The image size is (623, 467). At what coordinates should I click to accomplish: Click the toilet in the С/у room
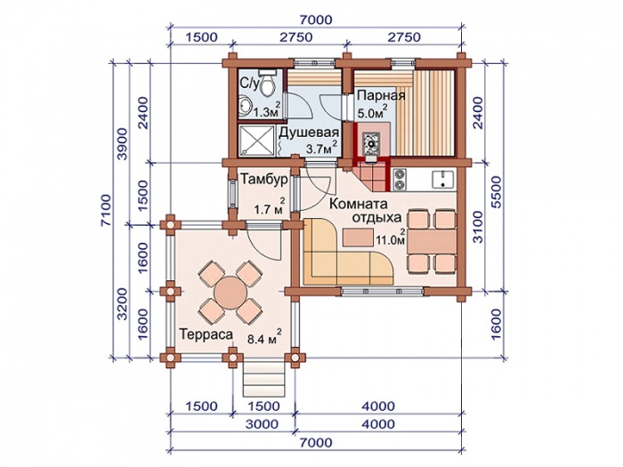(x=268, y=83)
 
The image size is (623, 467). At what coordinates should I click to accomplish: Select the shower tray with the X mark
(x=256, y=141)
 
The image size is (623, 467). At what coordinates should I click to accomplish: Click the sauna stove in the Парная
(x=371, y=144)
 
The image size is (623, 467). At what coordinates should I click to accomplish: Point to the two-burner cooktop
(x=400, y=179)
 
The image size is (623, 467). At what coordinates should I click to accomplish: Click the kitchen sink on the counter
(x=443, y=179)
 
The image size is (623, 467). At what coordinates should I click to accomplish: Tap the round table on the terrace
(x=231, y=293)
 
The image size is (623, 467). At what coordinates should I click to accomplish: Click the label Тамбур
(x=263, y=180)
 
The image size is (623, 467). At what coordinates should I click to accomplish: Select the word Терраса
(x=206, y=334)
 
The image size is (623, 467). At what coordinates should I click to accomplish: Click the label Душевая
(x=308, y=133)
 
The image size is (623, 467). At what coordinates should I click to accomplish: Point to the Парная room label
(x=381, y=96)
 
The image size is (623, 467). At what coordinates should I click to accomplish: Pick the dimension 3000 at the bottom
(x=262, y=424)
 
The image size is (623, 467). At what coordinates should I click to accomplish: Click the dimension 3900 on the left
(x=123, y=144)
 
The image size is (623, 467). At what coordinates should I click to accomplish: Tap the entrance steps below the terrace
(x=264, y=380)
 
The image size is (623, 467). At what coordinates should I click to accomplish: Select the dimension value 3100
(x=478, y=226)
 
